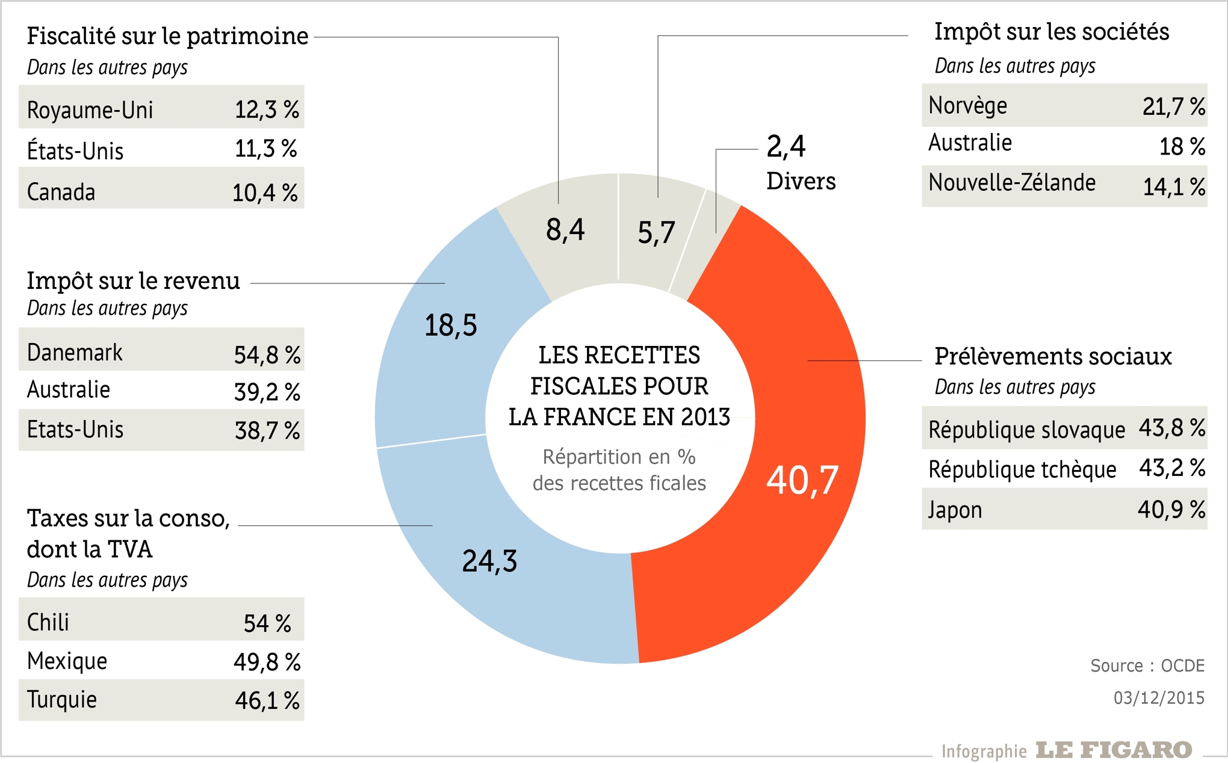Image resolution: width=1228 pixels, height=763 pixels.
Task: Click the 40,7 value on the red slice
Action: tap(802, 480)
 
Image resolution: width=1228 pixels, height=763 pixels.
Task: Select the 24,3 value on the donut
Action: tap(489, 561)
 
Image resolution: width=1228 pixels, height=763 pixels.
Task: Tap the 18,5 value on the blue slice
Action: tap(450, 326)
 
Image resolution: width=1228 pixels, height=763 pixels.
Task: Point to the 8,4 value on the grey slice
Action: tap(565, 230)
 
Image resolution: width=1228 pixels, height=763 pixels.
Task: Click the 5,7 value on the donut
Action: tap(656, 233)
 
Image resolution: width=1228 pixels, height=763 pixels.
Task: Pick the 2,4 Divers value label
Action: tap(786, 147)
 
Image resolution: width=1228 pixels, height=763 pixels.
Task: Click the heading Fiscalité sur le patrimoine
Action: tap(167, 36)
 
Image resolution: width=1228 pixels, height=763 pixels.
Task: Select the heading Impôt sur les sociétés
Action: tap(1051, 32)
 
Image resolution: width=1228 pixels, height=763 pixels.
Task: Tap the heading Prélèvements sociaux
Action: tap(1052, 356)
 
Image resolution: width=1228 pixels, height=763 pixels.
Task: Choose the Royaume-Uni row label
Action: tap(90, 110)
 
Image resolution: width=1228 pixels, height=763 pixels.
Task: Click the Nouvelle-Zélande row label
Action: tap(1011, 182)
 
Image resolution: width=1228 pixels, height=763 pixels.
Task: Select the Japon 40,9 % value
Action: tap(1171, 510)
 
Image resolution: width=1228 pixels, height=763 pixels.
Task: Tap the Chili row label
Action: tap(48, 622)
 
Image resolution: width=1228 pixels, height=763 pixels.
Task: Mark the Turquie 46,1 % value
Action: tap(267, 700)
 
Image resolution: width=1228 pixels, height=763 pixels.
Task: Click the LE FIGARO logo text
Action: tap(1114, 750)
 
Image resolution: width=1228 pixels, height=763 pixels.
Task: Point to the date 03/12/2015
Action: tap(1158, 697)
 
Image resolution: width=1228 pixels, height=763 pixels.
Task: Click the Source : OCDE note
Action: tap(1147, 666)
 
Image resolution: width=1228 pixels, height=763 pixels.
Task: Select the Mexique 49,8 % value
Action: tap(267, 662)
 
